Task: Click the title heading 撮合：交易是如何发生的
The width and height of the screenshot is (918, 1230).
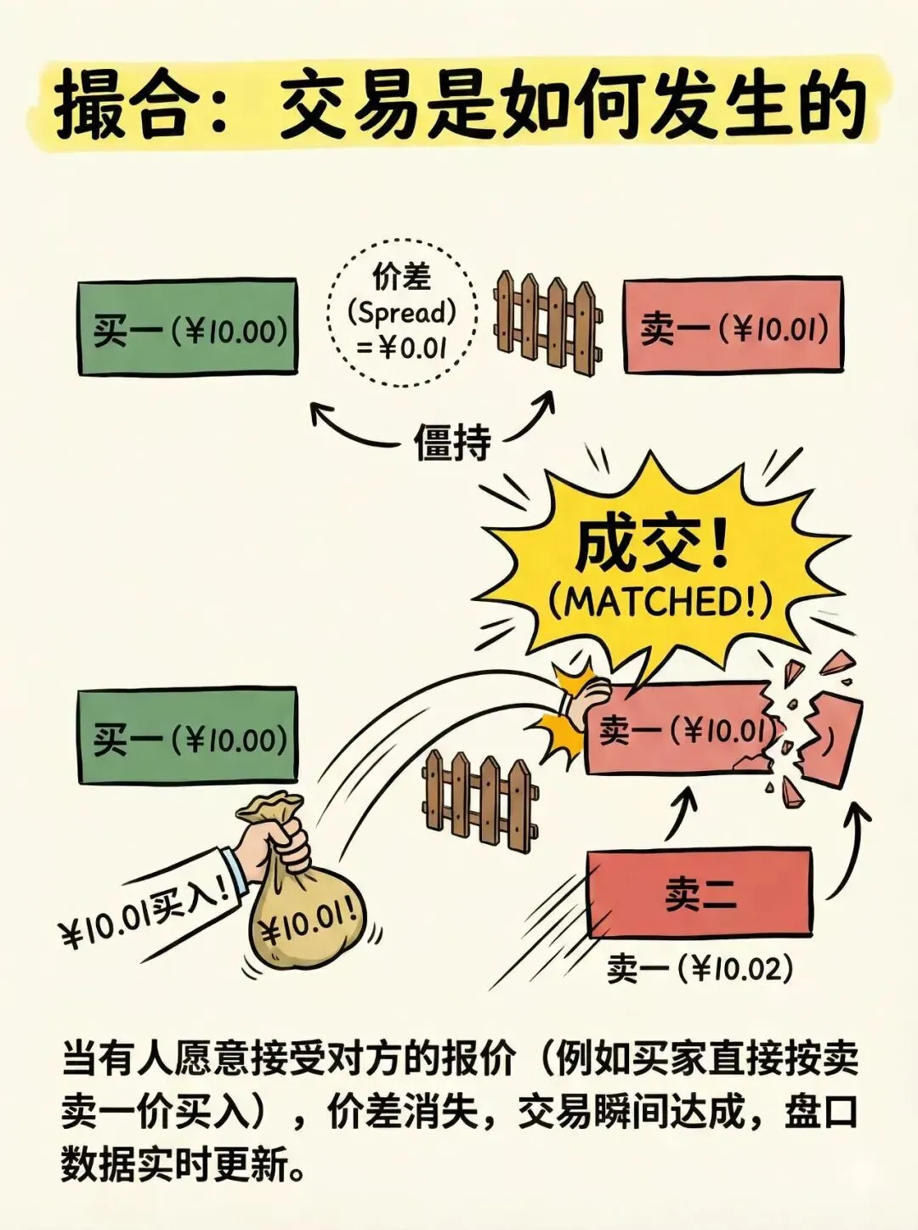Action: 459,106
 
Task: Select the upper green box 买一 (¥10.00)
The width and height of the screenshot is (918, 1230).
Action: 188,327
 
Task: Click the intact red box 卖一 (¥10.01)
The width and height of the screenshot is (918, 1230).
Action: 734,326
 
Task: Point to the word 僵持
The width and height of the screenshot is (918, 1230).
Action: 452,442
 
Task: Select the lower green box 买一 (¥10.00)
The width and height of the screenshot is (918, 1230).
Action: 188,736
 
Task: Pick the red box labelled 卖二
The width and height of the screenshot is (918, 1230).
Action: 699,893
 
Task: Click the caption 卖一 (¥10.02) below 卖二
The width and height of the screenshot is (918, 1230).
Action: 700,968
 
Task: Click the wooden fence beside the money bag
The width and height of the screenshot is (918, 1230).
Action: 479,800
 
